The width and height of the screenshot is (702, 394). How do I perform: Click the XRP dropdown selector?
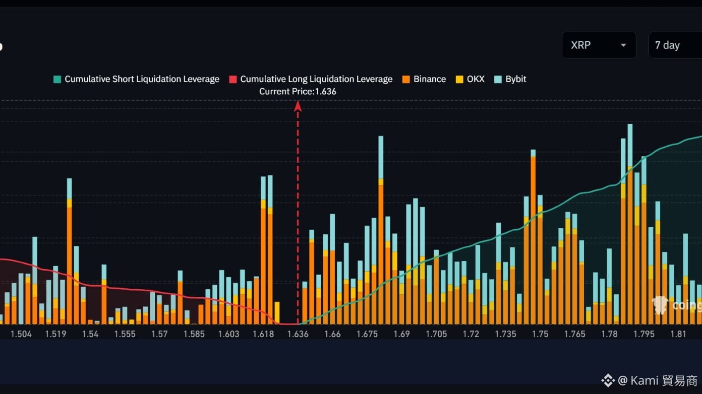pos(599,45)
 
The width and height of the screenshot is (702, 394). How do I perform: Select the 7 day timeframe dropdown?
pos(675,45)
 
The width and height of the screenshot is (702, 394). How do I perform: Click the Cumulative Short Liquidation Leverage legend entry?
pos(136,79)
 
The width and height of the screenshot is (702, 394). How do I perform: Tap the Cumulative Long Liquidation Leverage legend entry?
pos(311,79)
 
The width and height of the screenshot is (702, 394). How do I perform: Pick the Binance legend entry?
pos(424,79)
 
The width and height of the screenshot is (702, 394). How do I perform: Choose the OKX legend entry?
pos(470,79)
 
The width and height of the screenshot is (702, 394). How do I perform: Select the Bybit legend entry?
pos(510,79)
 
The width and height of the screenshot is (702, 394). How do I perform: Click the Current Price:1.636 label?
pos(298,92)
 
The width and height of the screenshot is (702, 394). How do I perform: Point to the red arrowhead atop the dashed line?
pos(298,106)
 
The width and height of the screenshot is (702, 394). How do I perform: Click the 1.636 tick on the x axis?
pos(298,334)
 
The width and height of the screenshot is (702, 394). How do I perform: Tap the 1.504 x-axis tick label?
pos(21,334)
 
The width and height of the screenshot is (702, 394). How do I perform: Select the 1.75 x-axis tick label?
pos(540,334)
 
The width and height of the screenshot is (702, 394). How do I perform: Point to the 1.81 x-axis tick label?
pos(678,334)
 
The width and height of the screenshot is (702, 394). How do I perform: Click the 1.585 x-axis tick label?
pos(194,334)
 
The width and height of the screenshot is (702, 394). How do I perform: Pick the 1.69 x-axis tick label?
pos(401,334)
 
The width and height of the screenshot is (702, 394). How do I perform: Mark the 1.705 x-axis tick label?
pos(436,334)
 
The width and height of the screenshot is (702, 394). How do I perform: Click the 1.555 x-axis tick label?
pos(125,334)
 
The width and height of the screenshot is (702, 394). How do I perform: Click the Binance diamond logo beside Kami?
pos(608,380)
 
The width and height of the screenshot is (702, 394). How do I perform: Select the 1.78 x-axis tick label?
pos(609,334)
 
